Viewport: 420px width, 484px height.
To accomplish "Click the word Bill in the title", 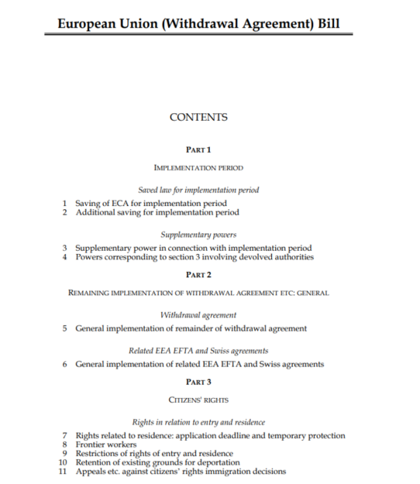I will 325,25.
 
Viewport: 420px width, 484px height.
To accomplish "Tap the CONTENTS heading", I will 198,118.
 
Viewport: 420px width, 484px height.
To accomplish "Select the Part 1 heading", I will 198,150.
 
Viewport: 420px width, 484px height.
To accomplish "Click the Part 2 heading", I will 198,275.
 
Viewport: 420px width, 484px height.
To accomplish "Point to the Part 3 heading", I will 198,382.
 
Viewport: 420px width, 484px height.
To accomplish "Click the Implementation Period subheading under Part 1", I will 198,168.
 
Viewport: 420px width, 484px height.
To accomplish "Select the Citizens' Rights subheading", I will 198,400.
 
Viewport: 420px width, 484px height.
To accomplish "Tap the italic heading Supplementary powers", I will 198,235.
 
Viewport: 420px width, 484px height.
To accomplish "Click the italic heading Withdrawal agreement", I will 198,315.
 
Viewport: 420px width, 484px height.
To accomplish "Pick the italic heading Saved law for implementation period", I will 198,190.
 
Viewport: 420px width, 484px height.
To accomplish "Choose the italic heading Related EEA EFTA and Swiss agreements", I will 198,351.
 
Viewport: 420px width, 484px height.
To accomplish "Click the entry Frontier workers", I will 106,445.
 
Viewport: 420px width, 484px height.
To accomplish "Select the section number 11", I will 63,472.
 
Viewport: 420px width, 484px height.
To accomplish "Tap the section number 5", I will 65,328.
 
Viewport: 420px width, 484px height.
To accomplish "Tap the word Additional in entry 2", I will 95,213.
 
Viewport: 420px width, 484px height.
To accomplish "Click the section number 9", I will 65,454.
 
